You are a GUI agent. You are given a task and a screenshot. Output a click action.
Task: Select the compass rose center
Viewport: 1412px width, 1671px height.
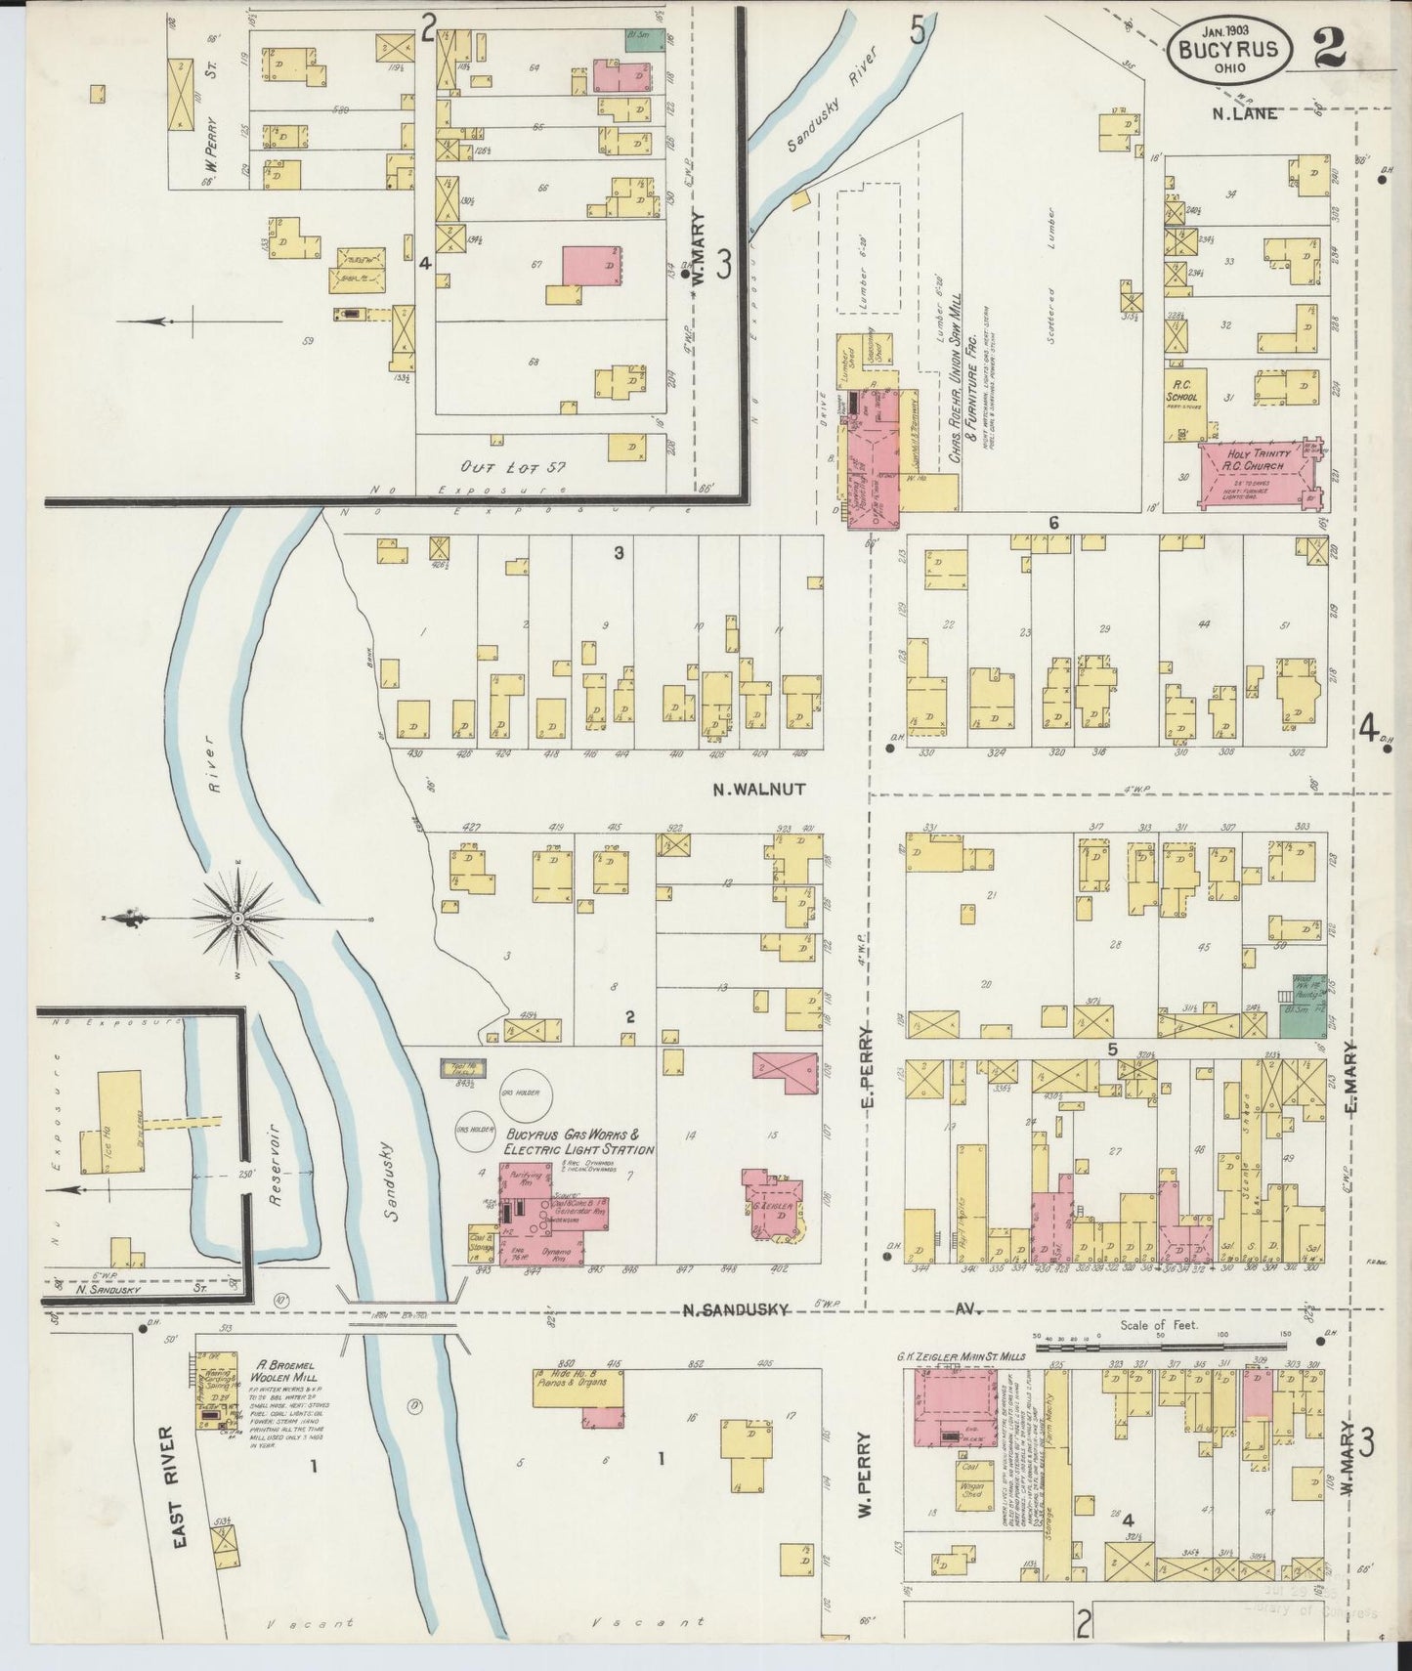tap(238, 919)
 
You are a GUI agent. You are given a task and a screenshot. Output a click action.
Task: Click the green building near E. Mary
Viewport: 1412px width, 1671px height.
tap(1300, 1018)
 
